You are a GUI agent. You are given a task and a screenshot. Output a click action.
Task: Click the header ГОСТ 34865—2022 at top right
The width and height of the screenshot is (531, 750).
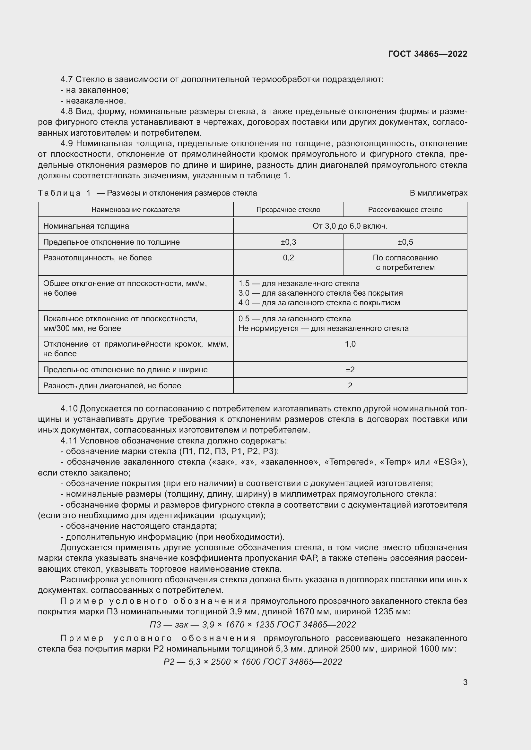(x=427, y=54)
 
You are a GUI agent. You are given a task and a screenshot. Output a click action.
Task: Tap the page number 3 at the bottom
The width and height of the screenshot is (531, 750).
(x=465, y=682)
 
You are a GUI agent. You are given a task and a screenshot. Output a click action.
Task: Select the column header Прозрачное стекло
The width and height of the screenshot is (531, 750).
(x=288, y=210)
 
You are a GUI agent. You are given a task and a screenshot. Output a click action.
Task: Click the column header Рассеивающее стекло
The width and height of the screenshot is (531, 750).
(x=405, y=210)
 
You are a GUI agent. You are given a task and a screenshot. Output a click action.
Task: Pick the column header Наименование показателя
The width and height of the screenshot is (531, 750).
(x=135, y=210)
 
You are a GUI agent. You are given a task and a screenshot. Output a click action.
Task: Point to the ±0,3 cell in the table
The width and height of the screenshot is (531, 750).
(x=288, y=242)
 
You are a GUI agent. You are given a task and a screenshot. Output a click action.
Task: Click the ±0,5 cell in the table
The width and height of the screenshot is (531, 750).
(x=405, y=242)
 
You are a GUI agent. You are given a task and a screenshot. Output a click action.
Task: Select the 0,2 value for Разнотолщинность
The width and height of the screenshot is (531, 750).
(x=288, y=258)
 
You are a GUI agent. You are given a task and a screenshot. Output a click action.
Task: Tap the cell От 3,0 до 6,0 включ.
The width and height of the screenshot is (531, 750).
(x=350, y=226)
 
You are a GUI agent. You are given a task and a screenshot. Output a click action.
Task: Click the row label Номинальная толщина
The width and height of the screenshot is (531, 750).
(x=86, y=226)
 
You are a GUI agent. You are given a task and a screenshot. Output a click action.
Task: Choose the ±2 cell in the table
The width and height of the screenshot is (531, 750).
(x=350, y=370)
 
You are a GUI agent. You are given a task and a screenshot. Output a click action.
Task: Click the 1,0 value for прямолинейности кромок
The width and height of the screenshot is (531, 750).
(x=350, y=344)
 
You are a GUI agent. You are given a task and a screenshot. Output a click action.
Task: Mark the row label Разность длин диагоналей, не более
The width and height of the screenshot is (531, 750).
(x=112, y=386)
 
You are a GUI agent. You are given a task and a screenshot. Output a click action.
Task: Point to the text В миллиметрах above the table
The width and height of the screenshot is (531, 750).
(x=438, y=193)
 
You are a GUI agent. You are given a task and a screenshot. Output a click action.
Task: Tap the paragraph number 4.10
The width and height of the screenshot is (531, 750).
(x=69, y=409)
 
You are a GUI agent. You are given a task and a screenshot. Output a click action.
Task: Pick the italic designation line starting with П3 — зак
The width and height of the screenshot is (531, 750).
(x=252, y=625)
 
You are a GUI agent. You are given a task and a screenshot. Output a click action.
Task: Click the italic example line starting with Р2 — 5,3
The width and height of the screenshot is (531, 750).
(x=252, y=662)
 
